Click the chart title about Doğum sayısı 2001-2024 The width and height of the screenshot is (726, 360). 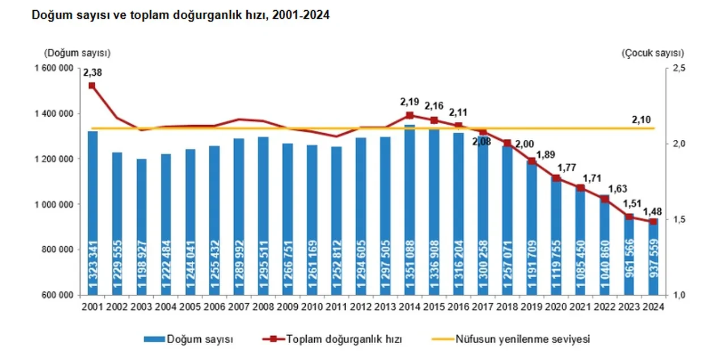(x=180, y=16)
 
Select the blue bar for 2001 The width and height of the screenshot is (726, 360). (x=92, y=215)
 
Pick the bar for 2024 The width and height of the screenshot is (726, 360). (x=653, y=261)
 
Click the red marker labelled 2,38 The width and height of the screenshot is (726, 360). (x=92, y=86)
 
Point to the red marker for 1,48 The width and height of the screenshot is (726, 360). (x=653, y=222)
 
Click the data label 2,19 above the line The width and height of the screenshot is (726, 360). (x=409, y=102)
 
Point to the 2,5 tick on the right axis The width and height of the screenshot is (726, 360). (x=679, y=68)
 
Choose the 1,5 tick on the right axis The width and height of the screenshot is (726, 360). (x=679, y=219)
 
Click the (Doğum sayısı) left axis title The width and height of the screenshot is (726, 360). (x=77, y=53)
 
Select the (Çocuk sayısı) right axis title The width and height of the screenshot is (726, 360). (x=652, y=53)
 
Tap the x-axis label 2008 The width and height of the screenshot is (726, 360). (x=263, y=307)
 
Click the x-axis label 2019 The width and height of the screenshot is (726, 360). (x=531, y=307)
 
